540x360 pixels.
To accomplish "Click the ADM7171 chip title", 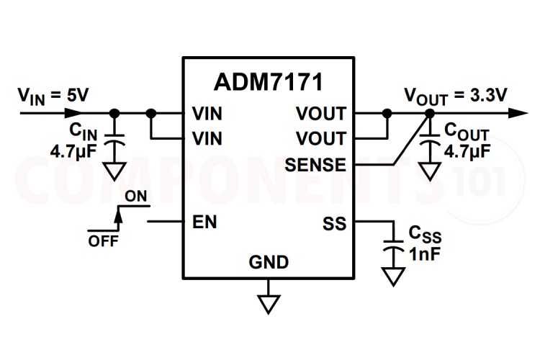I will click(x=268, y=81).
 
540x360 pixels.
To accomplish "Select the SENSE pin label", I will click(x=315, y=165).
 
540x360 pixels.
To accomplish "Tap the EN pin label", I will click(x=205, y=222).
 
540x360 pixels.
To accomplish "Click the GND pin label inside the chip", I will click(x=269, y=261).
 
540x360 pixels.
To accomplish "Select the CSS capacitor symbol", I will click(x=393, y=244).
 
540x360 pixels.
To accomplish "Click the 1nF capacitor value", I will click(x=425, y=253).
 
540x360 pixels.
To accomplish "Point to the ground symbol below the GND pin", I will click(x=269, y=302).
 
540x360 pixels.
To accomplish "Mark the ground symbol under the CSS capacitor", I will click(x=393, y=276).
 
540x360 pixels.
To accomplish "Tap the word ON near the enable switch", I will click(x=136, y=196).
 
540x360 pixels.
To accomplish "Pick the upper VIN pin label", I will click(x=208, y=114).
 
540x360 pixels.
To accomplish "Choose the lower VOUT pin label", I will click(x=320, y=138).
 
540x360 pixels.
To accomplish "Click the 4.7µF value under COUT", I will click(x=467, y=152).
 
